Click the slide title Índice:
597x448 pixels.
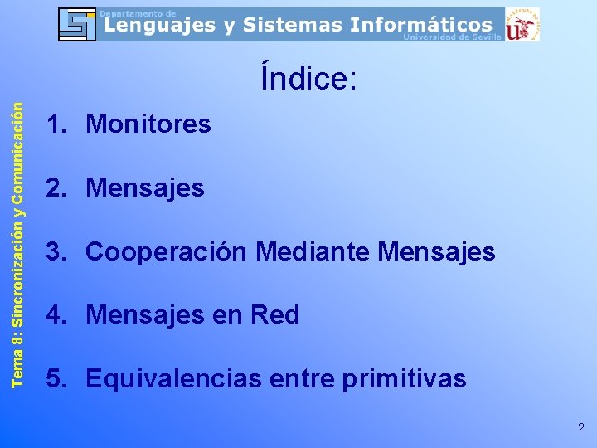click(308, 79)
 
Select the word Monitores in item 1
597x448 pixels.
click(148, 124)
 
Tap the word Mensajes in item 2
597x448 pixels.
click(145, 188)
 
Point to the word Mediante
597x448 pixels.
click(313, 251)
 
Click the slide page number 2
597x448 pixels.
click(580, 428)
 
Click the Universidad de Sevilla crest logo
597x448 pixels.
click(522, 24)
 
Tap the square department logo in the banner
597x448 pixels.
click(77, 24)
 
